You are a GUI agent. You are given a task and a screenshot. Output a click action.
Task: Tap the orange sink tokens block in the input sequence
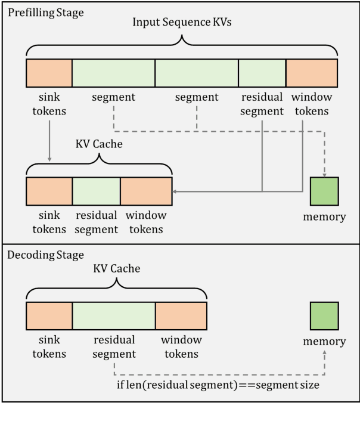tap(49, 72)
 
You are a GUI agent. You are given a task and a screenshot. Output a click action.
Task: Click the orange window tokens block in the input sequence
tap(312, 72)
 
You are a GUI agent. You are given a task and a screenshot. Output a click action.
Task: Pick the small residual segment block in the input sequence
tap(262, 72)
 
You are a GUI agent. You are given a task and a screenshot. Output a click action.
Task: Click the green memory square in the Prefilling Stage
tap(324, 191)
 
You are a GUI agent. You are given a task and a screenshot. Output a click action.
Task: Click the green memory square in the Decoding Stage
tap(324, 315)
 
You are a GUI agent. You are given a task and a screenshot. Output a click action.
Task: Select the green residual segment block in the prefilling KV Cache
tap(96, 191)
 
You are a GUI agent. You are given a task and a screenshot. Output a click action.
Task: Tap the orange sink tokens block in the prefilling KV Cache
tap(49, 191)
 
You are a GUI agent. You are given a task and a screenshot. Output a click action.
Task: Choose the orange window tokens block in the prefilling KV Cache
tap(146, 191)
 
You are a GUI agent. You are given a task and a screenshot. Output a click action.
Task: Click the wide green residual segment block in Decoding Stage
tap(113, 315)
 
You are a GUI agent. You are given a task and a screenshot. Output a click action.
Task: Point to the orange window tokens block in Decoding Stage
tap(181, 315)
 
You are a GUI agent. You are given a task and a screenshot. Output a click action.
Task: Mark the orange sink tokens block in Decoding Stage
tap(49, 315)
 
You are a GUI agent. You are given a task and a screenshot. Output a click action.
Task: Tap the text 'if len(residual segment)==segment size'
tap(218, 385)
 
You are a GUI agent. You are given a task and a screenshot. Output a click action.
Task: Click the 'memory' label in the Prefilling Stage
tap(324, 217)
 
